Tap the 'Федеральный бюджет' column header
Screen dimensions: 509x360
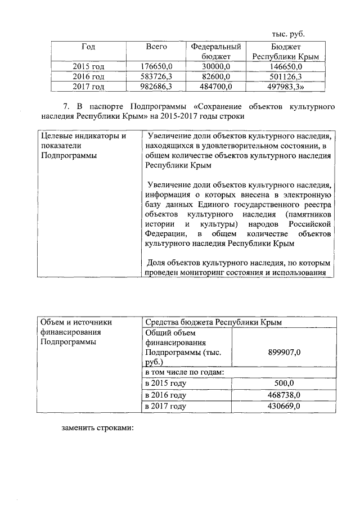(216, 52)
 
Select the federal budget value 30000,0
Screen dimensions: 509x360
(216, 66)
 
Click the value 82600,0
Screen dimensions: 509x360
(216, 76)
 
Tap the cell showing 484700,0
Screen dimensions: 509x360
(216, 85)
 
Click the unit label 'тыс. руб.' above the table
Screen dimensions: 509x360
(288, 33)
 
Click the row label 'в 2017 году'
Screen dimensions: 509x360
(165, 406)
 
